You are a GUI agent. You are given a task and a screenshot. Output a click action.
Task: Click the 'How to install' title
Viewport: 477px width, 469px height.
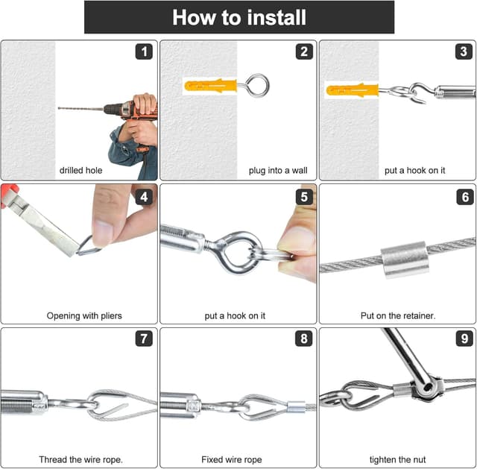[239, 17]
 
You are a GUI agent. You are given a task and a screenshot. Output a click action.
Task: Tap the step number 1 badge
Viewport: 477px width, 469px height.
[144, 51]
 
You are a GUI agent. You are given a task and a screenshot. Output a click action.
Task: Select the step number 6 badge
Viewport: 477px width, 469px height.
[465, 197]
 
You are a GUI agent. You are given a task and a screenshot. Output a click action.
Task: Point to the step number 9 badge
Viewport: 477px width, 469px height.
[464, 339]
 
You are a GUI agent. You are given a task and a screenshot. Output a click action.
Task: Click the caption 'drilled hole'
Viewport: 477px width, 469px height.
[81, 171]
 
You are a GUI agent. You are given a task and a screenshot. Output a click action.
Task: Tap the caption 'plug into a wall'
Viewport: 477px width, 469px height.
[278, 171]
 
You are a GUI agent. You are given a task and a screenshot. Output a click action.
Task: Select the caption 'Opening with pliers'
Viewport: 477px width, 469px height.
[84, 316]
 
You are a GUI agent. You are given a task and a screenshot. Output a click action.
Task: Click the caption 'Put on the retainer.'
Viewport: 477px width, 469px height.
[398, 316]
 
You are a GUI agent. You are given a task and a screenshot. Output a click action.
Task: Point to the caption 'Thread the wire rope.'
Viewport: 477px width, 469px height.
[81, 459]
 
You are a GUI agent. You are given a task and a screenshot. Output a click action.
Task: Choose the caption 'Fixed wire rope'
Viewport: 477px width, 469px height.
[232, 459]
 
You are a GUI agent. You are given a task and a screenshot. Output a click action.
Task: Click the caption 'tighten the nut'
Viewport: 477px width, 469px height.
[397, 459]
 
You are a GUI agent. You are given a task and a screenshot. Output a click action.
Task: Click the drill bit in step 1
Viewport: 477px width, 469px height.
[81, 108]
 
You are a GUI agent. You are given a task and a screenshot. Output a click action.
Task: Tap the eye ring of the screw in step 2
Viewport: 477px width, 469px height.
[257, 86]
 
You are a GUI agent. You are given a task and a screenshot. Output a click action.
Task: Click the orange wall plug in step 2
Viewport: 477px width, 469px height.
[210, 86]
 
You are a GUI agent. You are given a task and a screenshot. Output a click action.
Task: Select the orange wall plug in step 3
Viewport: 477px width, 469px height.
[353, 89]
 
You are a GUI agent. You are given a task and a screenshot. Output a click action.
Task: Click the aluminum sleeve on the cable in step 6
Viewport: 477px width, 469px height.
[405, 259]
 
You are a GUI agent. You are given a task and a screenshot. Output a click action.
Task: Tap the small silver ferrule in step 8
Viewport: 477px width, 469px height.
[296, 406]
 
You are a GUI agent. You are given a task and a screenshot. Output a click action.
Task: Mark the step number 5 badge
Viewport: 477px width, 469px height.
[304, 197]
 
